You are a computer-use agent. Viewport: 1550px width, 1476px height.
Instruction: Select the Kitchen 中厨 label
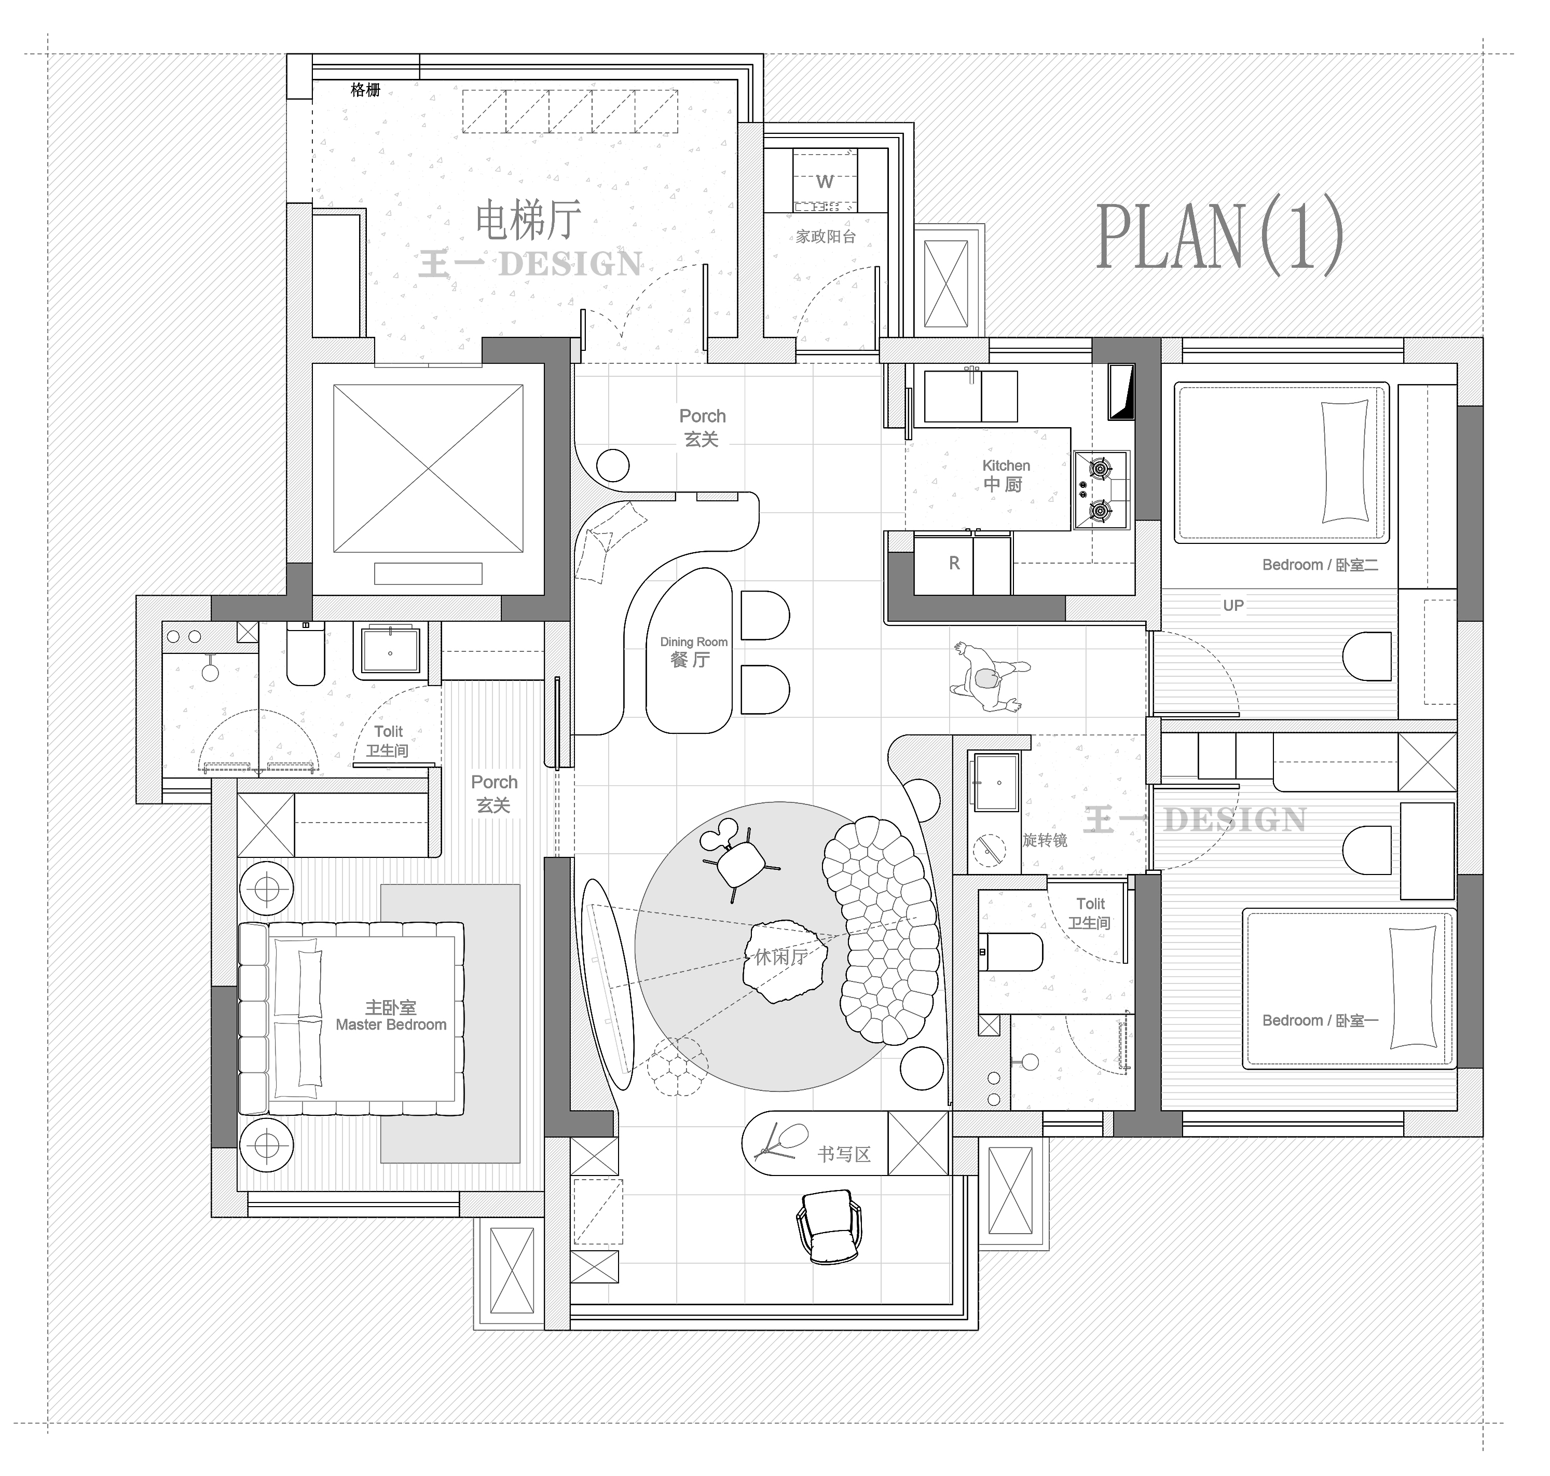point(1006,476)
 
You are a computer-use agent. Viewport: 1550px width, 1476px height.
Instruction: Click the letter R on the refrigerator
point(954,563)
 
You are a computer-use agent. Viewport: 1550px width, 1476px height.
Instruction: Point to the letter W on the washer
point(825,182)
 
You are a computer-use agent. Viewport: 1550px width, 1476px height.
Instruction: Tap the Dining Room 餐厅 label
point(693,651)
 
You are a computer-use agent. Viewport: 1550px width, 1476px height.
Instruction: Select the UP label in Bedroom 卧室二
point(1233,606)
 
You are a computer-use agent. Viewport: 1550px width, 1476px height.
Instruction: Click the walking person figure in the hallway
point(988,677)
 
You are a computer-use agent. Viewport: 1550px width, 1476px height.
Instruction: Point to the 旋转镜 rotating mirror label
point(1045,840)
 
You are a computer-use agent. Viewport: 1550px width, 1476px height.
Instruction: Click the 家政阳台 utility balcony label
point(826,236)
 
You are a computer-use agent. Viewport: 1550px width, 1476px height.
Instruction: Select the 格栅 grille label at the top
point(365,90)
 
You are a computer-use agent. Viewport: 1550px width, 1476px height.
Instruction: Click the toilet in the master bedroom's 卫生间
point(305,653)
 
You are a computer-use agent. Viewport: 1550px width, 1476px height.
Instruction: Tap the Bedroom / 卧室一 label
point(1320,1020)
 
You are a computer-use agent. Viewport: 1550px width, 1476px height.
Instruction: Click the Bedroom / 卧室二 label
point(1320,565)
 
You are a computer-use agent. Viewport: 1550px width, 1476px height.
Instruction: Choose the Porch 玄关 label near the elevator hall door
point(702,427)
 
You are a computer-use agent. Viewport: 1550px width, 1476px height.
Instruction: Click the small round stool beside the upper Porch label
point(613,466)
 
